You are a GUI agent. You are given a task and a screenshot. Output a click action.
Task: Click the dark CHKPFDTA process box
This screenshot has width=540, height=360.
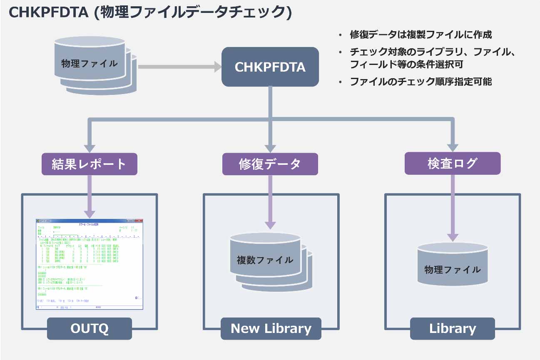tap(270, 67)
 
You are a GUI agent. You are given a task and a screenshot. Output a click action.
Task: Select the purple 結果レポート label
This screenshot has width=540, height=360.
tap(89, 164)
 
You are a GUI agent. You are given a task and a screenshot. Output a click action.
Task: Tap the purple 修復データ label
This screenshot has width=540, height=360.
tap(270, 164)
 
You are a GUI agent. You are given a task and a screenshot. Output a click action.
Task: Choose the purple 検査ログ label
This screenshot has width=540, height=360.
tap(452, 163)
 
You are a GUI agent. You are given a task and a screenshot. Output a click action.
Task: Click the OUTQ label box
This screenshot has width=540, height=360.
tap(89, 328)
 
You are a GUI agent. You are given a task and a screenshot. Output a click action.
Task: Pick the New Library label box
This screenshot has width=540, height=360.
tap(271, 328)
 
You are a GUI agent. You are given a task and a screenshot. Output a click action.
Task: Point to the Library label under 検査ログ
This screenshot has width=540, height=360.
tap(453, 328)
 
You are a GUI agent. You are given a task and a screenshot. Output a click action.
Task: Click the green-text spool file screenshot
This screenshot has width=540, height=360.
tap(89, 264)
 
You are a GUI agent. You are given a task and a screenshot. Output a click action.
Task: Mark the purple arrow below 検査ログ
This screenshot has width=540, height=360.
tap(453, 208)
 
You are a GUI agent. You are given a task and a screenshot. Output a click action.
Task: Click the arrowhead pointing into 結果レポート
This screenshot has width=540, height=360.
tap(89, 147)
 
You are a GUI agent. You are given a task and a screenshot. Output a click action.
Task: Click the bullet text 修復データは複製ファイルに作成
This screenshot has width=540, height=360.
tap(421, 35)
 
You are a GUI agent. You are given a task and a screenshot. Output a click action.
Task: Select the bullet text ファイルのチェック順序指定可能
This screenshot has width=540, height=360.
tap(421, 82)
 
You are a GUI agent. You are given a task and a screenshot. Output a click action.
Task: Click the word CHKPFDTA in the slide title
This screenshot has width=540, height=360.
tap(48, 12)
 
